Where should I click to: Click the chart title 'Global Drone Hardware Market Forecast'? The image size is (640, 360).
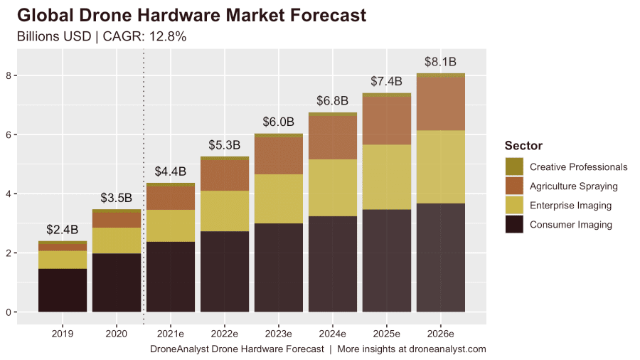191,15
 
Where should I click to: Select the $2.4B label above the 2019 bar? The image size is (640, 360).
63,230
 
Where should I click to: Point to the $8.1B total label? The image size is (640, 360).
440,62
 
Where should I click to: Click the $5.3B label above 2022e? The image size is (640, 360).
224,145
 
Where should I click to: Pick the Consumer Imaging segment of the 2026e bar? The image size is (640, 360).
440,258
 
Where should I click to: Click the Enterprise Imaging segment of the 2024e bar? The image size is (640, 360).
332,188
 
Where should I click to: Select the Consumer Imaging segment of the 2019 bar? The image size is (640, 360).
63,290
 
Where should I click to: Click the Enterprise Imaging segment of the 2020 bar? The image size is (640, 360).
117,240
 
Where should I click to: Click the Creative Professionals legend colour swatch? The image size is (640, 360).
514,167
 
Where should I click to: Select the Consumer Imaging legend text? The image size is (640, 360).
570,225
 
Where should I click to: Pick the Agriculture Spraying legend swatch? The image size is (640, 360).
514,186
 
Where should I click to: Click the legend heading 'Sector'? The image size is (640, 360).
523,146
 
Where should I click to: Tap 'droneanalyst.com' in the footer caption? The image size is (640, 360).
443,349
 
